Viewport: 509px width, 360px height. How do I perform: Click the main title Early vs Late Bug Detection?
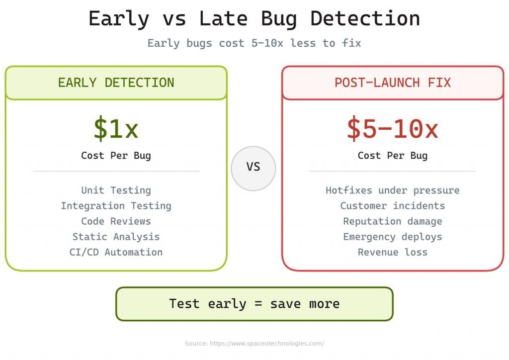[x=254, y=19]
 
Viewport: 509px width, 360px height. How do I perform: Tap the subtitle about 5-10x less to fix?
[x=254, y=43]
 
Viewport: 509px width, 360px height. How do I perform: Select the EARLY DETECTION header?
[x=116, y=83]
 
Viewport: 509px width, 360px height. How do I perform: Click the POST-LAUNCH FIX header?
[x=392, y=83]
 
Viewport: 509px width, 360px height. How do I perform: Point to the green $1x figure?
[x=116, y=129]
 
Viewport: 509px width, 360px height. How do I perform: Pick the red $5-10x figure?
[x=392, y=129]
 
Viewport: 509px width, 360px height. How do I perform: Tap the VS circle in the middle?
[x=253, y=168]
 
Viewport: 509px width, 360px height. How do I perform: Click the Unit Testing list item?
[x=116, y=190]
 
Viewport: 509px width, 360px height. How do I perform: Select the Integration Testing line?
[x=116, y=206]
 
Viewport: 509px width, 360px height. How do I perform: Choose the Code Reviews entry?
[x=116, y=221]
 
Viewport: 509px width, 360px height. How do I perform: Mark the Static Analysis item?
[x=116, y=237]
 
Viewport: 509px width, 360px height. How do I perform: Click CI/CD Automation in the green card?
[x=116, y=252]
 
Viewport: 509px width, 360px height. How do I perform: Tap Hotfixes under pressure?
[x=392, y=190]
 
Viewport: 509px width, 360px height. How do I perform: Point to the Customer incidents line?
[x=392, y=206]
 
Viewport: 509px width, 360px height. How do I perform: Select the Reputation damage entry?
[x=392, y=221]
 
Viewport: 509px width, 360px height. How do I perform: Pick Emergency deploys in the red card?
[x=392, y=237]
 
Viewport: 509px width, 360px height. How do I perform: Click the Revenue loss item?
[x=392, y=252]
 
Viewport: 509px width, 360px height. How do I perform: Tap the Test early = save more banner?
[x=254, y=304]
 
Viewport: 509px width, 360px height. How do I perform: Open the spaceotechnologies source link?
[x=268, y=344]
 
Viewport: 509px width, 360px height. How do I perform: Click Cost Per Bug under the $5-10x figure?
[x=392, y=156]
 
